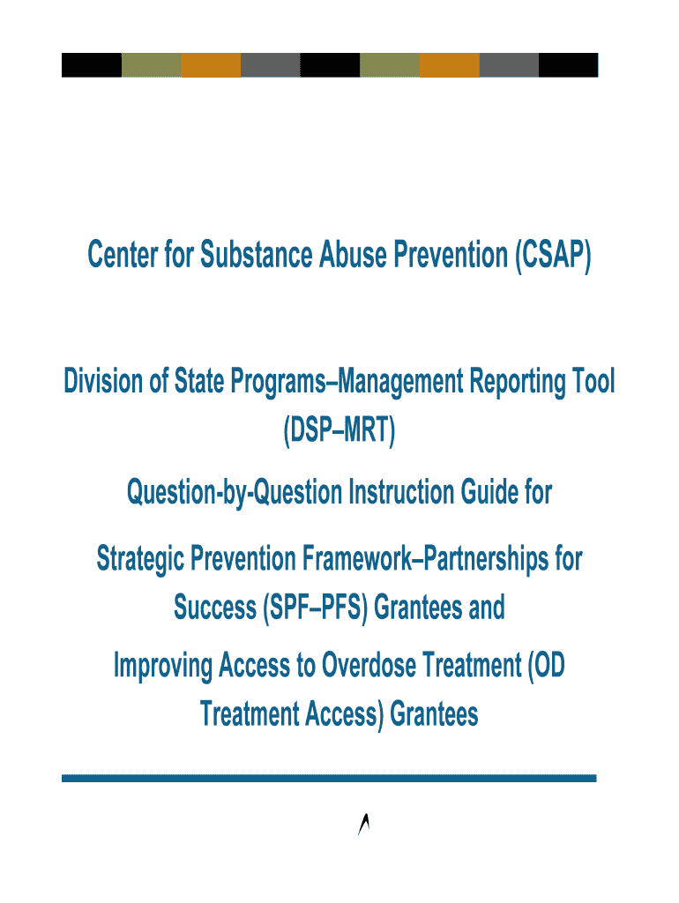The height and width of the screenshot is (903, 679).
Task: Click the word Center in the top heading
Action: pyautogui.click(x=123, y=255)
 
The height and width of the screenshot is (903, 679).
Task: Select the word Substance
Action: pyautogui.click(x=257, y=255)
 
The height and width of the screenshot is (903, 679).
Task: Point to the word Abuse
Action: pyautogui.click(x=353, y=255)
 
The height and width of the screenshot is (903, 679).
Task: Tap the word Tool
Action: pyautogui.click(x=593, y=381)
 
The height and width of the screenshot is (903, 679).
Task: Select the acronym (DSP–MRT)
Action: pyautogui.click(x=339, y=430)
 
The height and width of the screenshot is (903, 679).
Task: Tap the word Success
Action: pyautogui.click(x=215, y=608)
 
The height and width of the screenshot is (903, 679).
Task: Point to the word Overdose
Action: pyautogui.click(x=369, y=665)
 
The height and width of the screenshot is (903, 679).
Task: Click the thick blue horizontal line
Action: pyautogui.click(x=329, y=779)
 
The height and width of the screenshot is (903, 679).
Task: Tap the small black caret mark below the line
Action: pyautogui.click(x=363, y=824)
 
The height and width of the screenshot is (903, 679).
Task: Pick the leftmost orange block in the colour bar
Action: pyautogui.click(x=211, y=65)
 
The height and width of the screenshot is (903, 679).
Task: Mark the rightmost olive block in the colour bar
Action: pyautogui.click(x=390, y=65)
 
